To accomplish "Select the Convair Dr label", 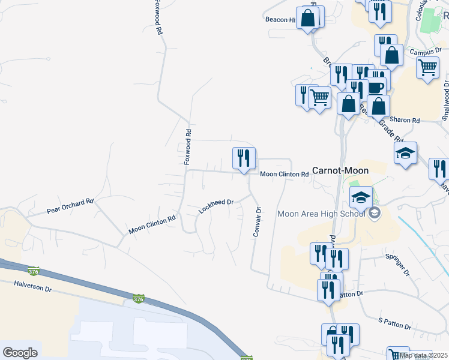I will tap(258, 222).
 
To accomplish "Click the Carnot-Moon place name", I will tap(340, 170).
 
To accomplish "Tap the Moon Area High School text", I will tap(321, 214).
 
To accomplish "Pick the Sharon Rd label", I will tap(405, 120).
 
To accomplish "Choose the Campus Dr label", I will tap(425, 52).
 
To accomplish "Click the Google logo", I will tap(20, 353).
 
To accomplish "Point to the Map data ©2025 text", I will tap(423, 355).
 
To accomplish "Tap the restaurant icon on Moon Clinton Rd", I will tap(244, 158).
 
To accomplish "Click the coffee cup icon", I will tap(375, 87).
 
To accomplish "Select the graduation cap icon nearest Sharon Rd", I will tap(406, 152).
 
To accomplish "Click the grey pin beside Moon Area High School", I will tap(375, 214).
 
